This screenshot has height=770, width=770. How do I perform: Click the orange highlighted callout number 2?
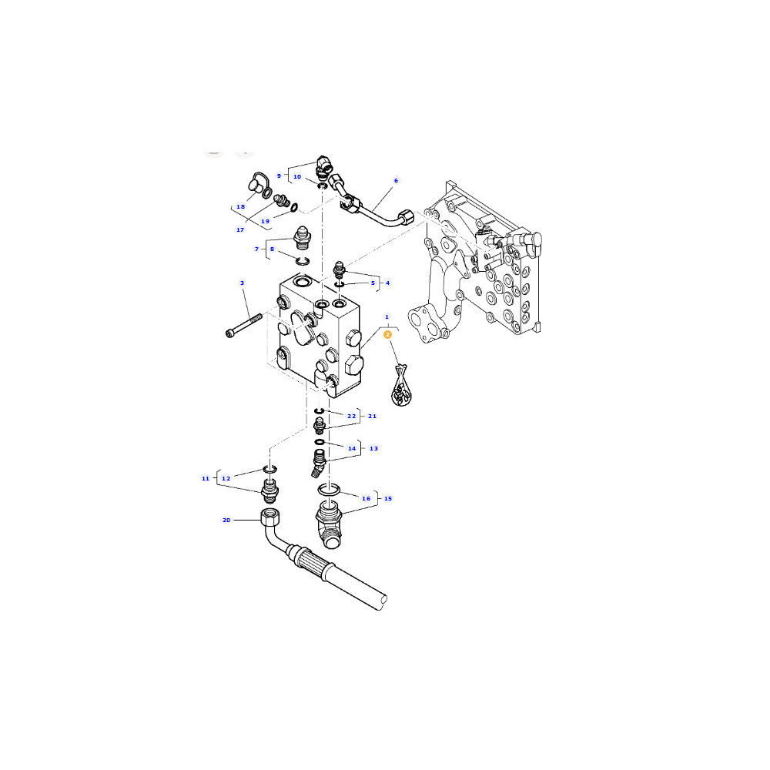coord(387,334)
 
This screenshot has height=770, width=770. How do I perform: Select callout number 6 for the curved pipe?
coord(397,181)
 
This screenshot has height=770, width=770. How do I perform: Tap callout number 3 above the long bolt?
coord(242,283)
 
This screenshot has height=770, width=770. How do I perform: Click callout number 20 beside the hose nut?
coord(226,520)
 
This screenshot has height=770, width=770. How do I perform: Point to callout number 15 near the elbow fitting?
coord(388,498)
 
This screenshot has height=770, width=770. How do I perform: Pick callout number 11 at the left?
coord(206,478)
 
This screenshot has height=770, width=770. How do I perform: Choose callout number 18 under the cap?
coord(240,206)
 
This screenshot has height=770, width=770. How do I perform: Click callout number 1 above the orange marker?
coord(387,316)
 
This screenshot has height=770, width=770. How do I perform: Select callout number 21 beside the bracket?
coord(372,416)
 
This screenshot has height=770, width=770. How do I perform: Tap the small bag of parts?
coord(401,386)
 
